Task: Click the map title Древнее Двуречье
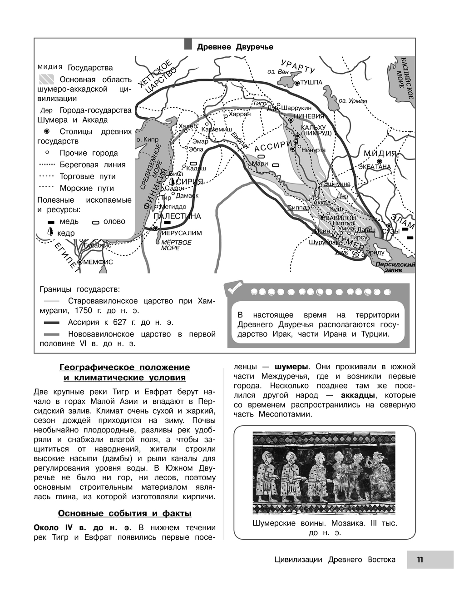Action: click(x=235, y=47)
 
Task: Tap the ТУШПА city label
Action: click(x=311, y=82)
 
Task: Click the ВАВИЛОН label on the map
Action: click(x=340, y=218)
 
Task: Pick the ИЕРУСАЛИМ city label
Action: click(x=182, y=233)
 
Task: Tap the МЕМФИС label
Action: click(x=98, y=262)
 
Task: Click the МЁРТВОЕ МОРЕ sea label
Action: click(x=176, y=245)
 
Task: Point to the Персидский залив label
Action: click(x=395, y=267)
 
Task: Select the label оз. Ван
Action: click(x=277, y=72)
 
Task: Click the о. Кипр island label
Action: click(x=147, y=140)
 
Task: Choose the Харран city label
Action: click(x=240, y=114)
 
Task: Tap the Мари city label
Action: click(x=260, y=164)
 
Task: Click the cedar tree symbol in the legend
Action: click(x=50, y=233)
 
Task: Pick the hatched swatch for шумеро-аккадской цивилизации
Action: click(x=46, y=79)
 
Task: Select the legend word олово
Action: click(x=114, y=221)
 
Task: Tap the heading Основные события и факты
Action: click(x=124, y=513)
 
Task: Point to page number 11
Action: click(x=420, y=560)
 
